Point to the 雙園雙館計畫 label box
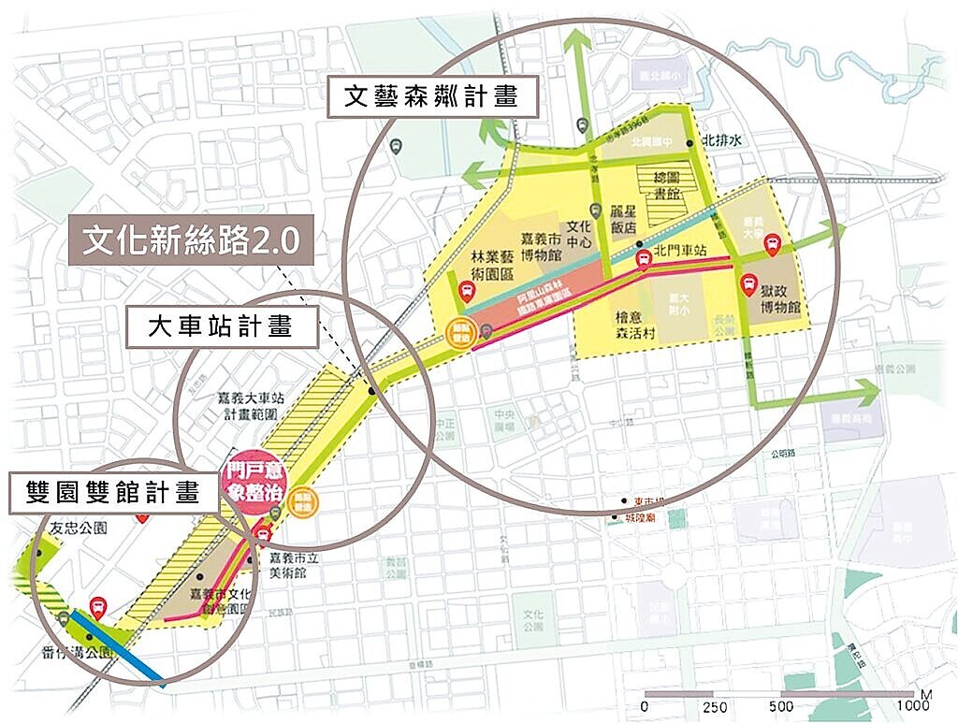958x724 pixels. point(113,493)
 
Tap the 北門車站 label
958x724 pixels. point(679,250)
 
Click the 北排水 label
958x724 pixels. point(720,141)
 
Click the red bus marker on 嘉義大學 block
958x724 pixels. point(773,246)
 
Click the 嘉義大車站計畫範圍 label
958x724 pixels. point(246,403)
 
